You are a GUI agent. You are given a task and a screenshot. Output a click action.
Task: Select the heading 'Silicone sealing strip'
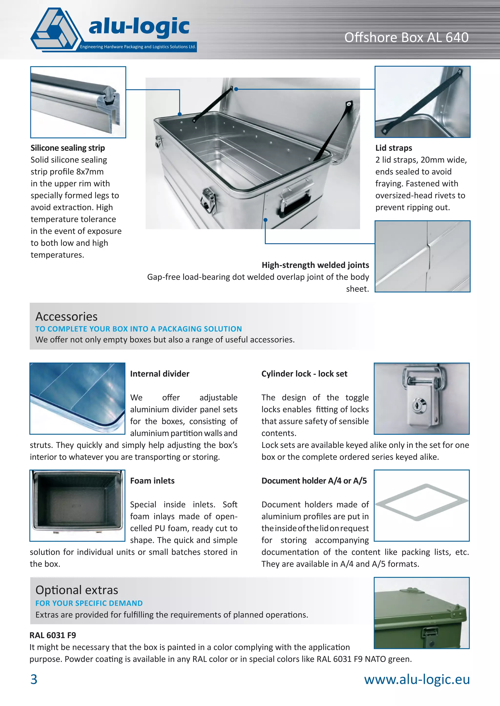68,148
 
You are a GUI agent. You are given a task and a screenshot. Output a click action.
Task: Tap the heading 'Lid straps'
394,148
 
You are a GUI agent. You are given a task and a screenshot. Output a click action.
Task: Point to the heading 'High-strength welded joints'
315,265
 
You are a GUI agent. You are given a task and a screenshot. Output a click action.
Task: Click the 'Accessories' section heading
66,316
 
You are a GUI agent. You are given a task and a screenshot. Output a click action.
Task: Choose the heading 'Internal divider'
159,374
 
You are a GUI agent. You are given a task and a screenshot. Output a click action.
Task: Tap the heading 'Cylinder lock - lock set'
304,374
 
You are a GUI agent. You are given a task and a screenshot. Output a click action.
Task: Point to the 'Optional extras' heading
77,590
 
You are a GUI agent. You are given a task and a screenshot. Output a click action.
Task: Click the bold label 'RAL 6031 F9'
53,635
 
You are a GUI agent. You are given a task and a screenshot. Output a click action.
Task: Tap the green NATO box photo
421,613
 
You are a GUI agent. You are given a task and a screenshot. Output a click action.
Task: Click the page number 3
34,679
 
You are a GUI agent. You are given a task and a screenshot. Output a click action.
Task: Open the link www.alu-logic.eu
417,679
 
